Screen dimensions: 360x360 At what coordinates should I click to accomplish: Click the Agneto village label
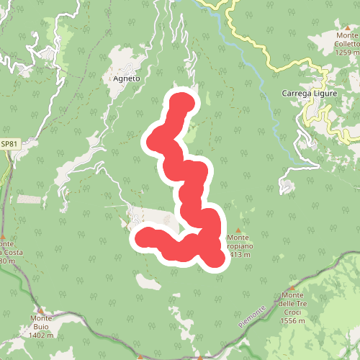pyautogui.click(x=127, y=78)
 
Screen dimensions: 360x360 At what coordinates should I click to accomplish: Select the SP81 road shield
pyautogui.click(x=9, y=145)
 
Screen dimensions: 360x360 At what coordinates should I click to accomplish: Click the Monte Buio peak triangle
pyautogui.click(x=41, y=308)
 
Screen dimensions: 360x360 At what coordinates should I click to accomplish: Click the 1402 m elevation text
pyautogui.click(x=42, y=335)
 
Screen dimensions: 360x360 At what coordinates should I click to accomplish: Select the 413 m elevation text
pyautogui.click(x=240, y=255)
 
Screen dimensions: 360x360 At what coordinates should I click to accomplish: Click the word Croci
pyautogui.click(x=293, y=312)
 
